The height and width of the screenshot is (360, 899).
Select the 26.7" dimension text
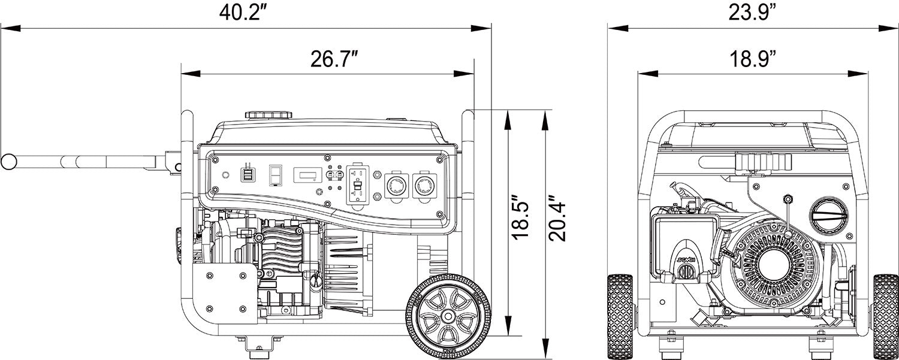334,59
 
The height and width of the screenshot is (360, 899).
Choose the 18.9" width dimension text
753,59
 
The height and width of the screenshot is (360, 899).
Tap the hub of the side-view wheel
448,315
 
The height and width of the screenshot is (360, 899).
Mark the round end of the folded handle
8,161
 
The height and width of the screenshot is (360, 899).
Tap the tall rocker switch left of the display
275,175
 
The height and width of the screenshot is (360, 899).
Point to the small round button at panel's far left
225,176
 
